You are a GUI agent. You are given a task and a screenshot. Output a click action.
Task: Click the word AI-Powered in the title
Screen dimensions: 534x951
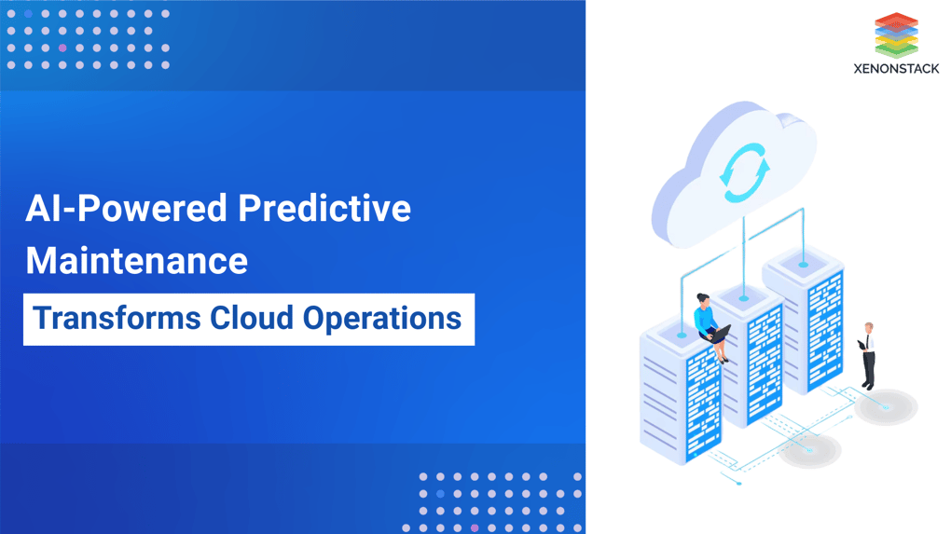click(x=124, y=208)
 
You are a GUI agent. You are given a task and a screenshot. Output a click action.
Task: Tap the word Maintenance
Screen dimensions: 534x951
click(x=137, y=261)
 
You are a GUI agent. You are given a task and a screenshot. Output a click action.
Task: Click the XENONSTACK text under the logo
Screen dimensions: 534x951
click(x=896, y=69)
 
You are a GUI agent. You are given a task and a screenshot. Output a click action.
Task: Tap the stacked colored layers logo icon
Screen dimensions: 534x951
click(x=896, y=34)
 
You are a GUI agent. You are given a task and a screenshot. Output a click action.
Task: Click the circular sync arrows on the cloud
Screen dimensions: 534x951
click(x=744, y=172)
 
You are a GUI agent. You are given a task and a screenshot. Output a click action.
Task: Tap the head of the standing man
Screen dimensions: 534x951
click(x=869, y=328)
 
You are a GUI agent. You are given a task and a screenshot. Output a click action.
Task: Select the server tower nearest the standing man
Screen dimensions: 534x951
click(x=804, y=322)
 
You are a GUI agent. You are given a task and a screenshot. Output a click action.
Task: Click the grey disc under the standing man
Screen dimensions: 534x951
click(x=886, y=407)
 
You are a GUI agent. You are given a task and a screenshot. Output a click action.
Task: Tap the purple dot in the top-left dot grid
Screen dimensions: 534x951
click(x=62, y=48)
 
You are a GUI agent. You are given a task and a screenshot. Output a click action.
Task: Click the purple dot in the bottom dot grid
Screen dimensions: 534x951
click(x=475, y=528)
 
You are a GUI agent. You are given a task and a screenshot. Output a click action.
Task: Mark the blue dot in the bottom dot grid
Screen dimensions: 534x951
click(x=440, y=494)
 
